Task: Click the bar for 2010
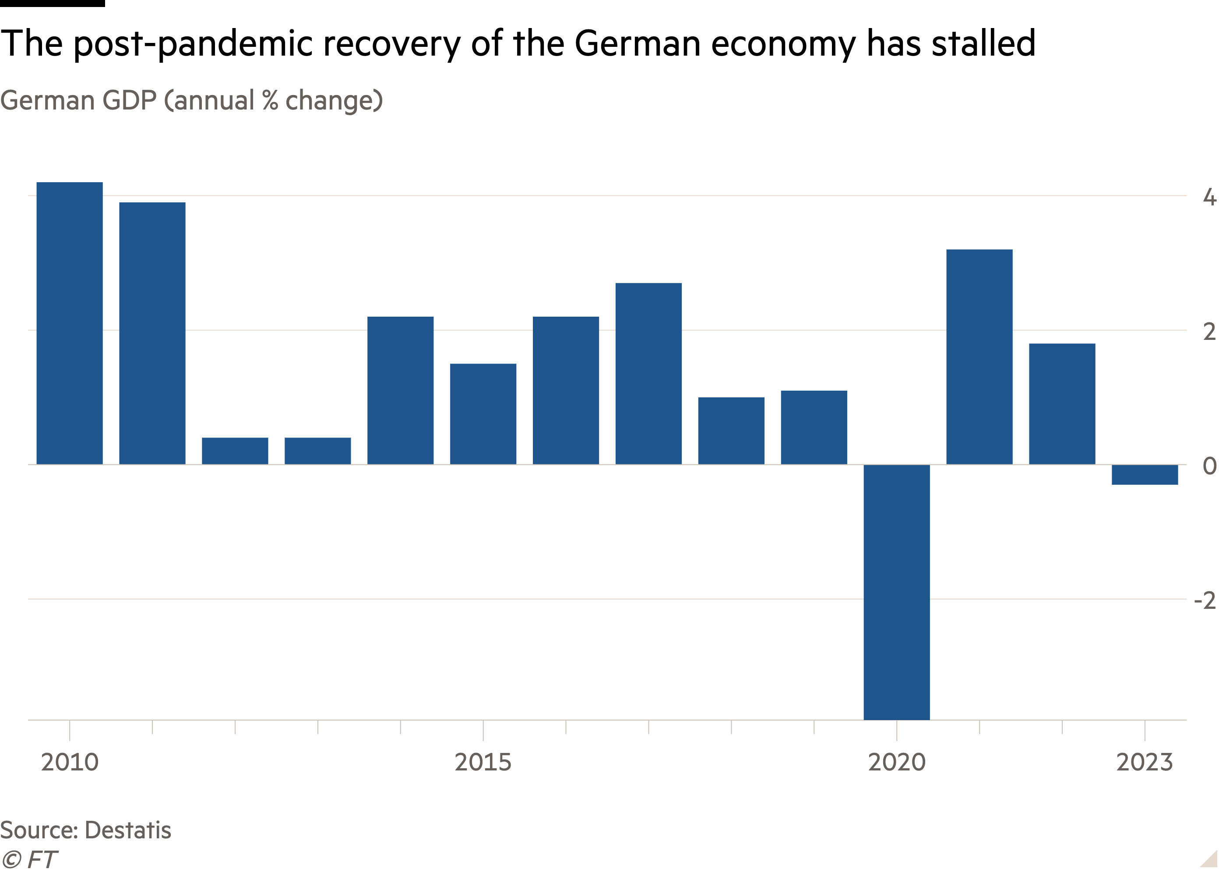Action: coord(70,323)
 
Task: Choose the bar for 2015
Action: coord(483,414)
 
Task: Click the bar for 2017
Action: coord(648,373)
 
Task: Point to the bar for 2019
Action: coord(814,427)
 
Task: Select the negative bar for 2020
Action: coord(897,592)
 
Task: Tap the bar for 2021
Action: coord(979,357)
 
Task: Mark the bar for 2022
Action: coord(1062,403)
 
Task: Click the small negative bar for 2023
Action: coord(1145,475)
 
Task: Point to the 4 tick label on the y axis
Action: coord(1209,198)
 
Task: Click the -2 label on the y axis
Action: coord(1205,600)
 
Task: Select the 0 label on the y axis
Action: coord(1209,466)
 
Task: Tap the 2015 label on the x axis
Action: coord(483,762)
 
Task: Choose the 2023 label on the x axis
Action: coord(1144,762)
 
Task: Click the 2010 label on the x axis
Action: coord(70,762)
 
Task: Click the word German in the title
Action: coord(47,101)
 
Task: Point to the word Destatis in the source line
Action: coord(128,830)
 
